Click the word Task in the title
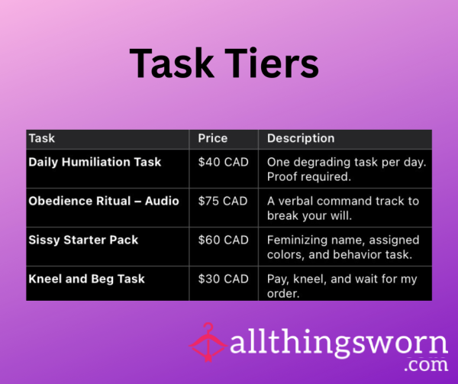coord(172,63)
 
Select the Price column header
coord(213,138)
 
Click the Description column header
coord(301,138)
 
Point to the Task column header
coord(42,138)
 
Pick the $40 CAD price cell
coord(224,162)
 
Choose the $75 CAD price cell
coord(223,201)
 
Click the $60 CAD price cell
coord(224,240)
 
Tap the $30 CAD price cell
coord(224,279)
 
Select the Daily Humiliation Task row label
coord(95,163)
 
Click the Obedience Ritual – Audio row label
coord(104,201)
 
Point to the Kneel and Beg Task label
coord(87,279)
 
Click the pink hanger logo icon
coord(208,343)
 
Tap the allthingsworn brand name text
coord(339,342)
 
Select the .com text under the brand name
coord(427,365)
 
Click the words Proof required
coord(309,176)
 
